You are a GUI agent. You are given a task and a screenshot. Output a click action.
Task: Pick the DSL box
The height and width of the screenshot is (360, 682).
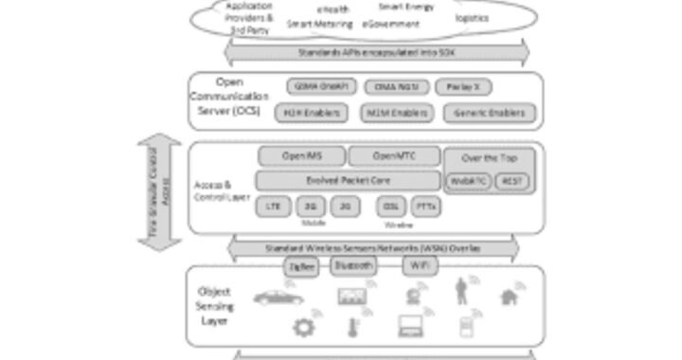click(391, 206)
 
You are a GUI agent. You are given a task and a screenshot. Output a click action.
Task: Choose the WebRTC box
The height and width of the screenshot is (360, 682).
click(469, 180)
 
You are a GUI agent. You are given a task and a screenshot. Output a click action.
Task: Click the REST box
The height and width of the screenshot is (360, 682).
click(512, 180)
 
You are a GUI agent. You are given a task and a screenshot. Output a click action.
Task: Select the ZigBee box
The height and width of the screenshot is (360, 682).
click(302, 268)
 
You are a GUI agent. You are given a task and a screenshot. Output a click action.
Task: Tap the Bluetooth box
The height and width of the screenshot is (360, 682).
click(352, 266)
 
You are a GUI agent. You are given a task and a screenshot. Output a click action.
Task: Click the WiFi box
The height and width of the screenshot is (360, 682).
click(420, 266)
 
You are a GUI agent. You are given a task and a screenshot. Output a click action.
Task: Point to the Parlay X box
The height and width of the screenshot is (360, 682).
click(464, 87)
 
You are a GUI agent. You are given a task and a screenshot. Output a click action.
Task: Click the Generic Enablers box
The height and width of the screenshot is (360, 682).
click(489, 114)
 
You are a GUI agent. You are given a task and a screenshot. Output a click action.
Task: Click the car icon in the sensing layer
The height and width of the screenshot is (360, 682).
click(277, 297)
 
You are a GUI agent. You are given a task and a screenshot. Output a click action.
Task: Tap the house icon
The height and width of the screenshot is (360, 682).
click(512, 297)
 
